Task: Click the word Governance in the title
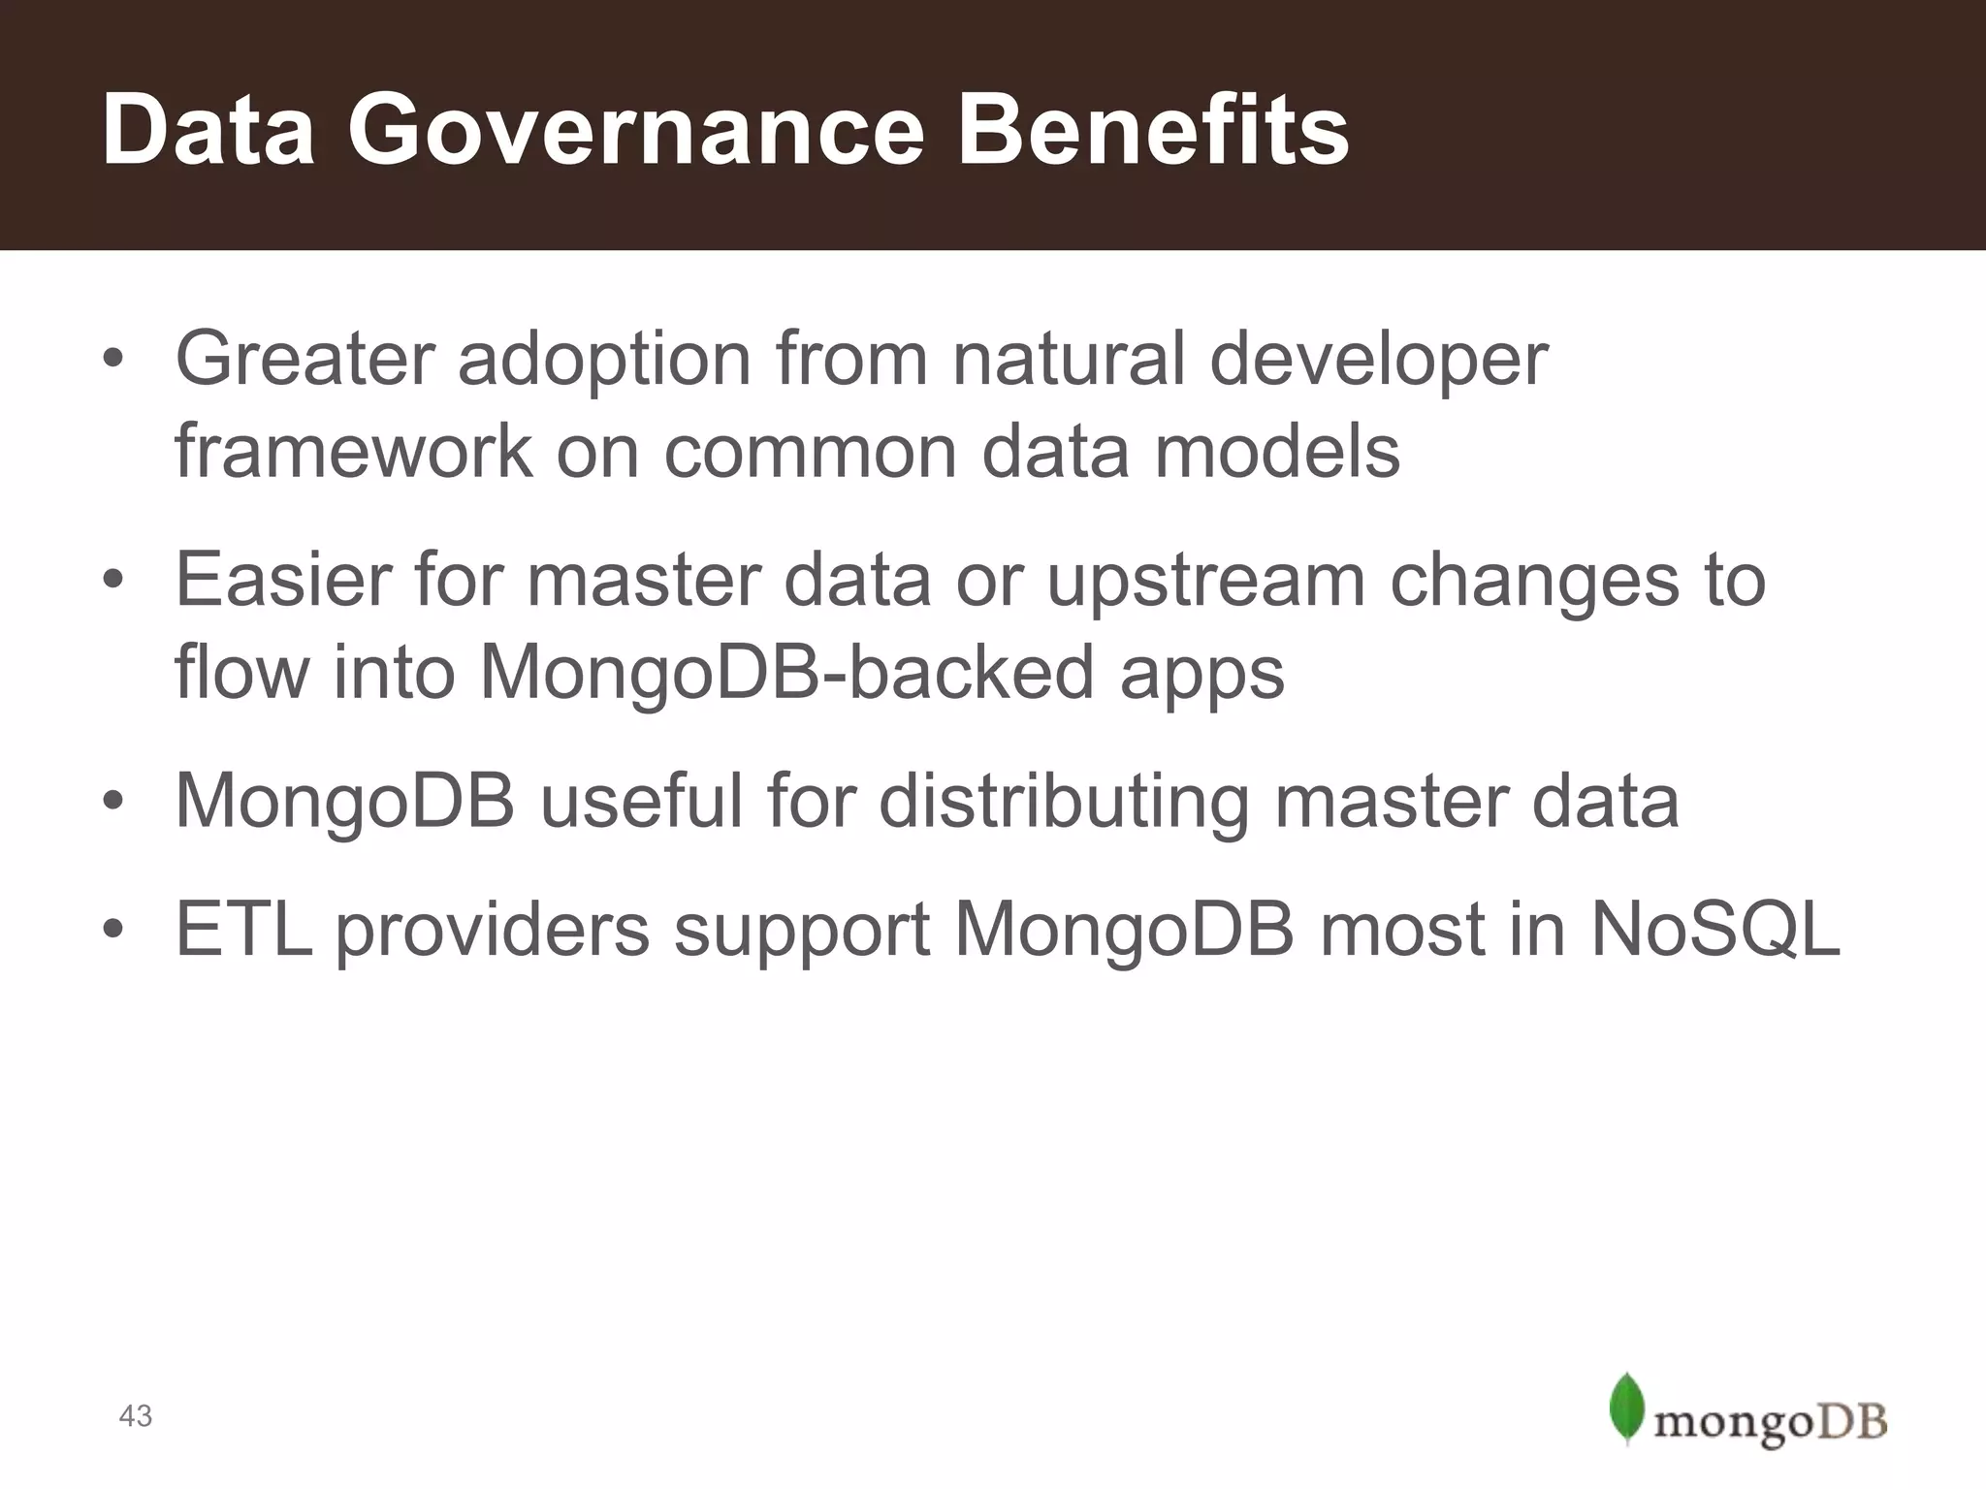tap(636, 131)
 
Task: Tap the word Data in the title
tap(208, 131)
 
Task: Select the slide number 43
tap(135, 1415)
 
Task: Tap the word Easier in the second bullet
tap(282, 579)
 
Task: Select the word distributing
tap(1064, 804)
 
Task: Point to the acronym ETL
tap(243, 930)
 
